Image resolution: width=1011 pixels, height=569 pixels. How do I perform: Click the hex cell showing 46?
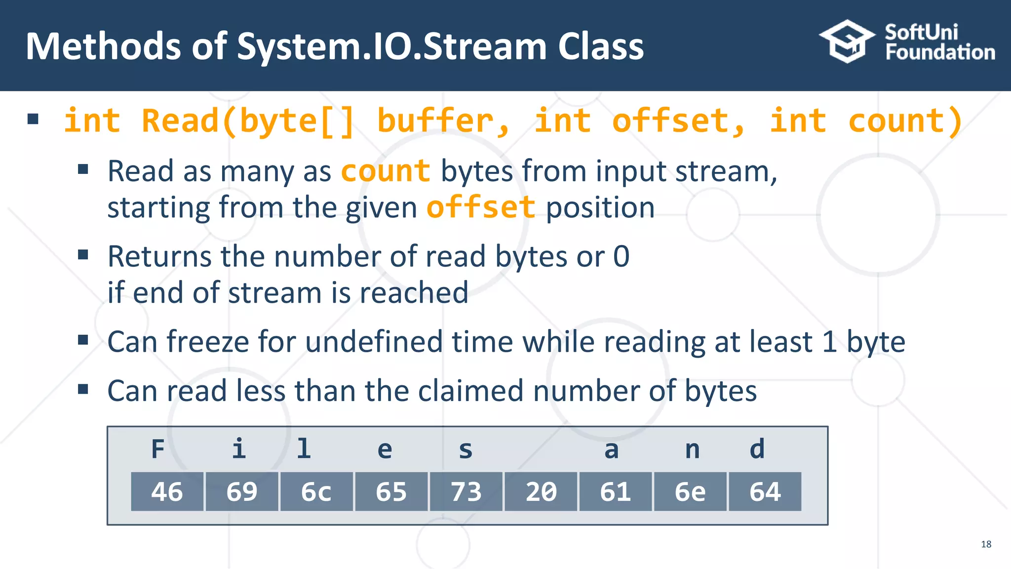[x=167, y=491]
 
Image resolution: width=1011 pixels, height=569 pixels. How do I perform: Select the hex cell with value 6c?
[x=316, y=491]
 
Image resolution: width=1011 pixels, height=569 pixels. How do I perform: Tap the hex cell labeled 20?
[x=541, y=491]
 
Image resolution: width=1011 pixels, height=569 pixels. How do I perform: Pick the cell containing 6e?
[x=690, y=491]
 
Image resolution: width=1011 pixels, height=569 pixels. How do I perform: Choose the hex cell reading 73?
[x=466, y=491]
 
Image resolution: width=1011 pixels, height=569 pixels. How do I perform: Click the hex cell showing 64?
[x=765, y=491]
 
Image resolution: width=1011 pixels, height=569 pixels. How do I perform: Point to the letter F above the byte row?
[x=157, y=449]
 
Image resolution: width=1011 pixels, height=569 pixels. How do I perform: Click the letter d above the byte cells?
[x=757, y=449]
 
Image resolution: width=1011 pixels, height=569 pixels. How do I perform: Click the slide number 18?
[x=986, y=544]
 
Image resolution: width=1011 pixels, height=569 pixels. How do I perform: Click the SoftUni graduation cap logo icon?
[x=847, y=41]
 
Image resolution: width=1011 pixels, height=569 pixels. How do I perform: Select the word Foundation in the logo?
[x=940, y=52]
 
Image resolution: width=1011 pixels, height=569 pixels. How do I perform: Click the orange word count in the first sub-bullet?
[x=385, y=171]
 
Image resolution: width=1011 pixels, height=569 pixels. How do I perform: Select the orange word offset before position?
[x=481, y=207]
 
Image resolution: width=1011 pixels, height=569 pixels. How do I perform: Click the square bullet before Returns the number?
[x=83, y=255]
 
